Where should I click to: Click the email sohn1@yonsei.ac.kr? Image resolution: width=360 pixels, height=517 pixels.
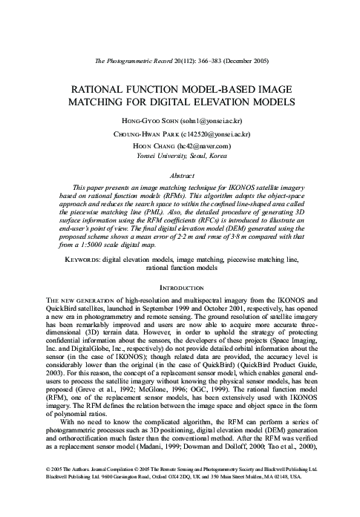[215, 119]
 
